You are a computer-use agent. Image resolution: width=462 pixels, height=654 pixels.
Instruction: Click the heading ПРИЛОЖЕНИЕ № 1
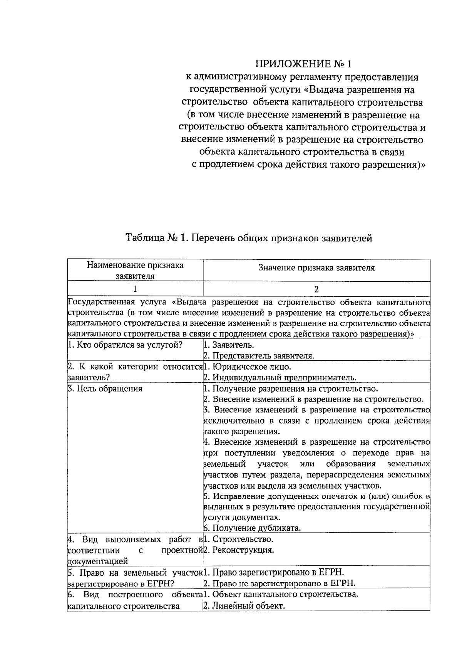click(304, 64)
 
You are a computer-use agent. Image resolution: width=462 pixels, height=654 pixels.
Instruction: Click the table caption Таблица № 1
click(249, 238)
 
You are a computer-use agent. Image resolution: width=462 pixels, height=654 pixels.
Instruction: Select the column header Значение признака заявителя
click(316, 268)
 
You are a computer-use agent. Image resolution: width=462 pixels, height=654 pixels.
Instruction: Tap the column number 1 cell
click(135, 289)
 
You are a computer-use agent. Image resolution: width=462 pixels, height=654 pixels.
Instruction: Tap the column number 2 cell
click(316, 289)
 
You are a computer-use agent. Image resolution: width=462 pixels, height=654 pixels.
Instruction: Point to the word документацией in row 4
click(98, 561)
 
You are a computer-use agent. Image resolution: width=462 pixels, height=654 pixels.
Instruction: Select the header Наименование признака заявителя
click(135, 270)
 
